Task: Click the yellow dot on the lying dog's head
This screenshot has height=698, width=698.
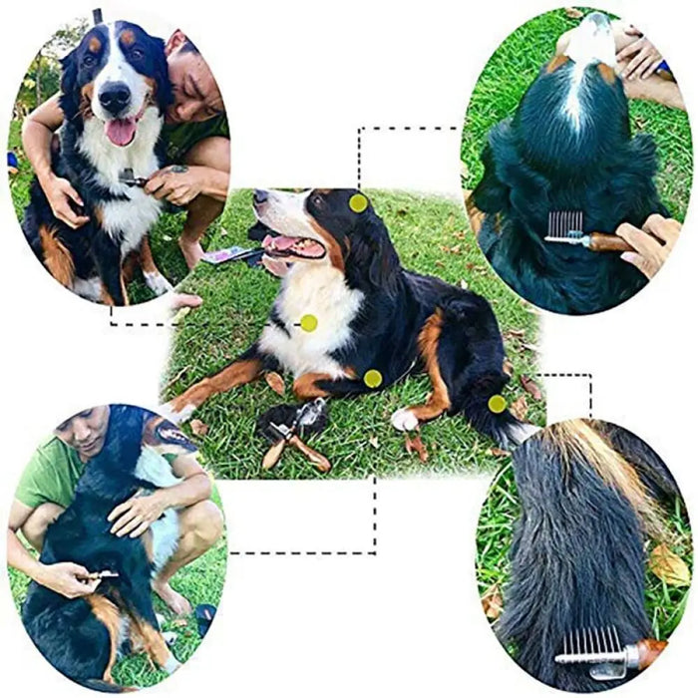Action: click(358, 202)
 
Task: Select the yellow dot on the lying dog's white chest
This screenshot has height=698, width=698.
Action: click(309, 323)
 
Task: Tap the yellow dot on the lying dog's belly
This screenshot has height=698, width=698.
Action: click(372, 379)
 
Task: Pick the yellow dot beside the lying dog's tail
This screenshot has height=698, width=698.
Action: click(497, 404)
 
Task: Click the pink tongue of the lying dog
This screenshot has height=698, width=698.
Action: click(286, 243)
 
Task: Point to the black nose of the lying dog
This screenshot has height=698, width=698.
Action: click(258, 196)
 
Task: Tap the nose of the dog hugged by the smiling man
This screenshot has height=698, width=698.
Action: click(115, 97)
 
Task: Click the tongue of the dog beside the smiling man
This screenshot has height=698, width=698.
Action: click(121, 131)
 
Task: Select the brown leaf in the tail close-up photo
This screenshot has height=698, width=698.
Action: click(668, 564)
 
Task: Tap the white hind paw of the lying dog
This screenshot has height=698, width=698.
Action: click(405, 420)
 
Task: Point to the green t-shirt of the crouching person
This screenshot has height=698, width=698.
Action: click(50, 479)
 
